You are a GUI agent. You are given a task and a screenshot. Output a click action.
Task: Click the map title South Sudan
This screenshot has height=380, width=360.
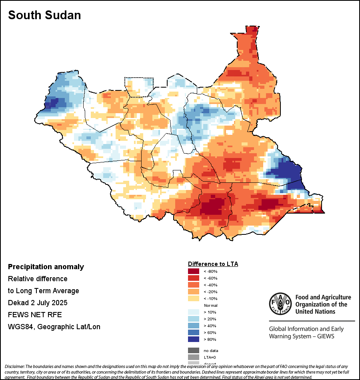tap(44, 15)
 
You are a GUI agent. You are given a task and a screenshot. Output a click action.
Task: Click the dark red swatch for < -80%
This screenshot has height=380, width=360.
tap(193, 272)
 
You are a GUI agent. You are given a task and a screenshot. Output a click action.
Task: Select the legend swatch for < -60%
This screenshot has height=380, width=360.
tap(193, 278)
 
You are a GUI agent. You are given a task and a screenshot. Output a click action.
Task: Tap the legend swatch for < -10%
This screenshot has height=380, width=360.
tap(193, 298)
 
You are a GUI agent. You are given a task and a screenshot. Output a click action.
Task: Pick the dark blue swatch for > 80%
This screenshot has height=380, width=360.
tap(193, 339)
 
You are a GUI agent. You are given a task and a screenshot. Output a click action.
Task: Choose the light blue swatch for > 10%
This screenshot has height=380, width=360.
tap(193, 312)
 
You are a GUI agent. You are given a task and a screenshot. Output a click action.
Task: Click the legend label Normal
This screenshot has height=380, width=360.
tap(210, 305)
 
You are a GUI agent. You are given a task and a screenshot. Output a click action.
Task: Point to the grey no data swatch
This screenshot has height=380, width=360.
tap(193, 350)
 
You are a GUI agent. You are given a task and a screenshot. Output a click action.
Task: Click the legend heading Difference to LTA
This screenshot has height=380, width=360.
tap(213, 264)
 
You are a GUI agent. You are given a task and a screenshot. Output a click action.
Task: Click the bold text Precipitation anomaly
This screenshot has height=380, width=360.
tap(46, 267)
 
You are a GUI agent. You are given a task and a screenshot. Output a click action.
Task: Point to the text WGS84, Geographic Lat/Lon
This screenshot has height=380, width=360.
tap(54, 327)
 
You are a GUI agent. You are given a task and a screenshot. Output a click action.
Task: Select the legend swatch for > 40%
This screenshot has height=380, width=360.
tap(193, 326)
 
